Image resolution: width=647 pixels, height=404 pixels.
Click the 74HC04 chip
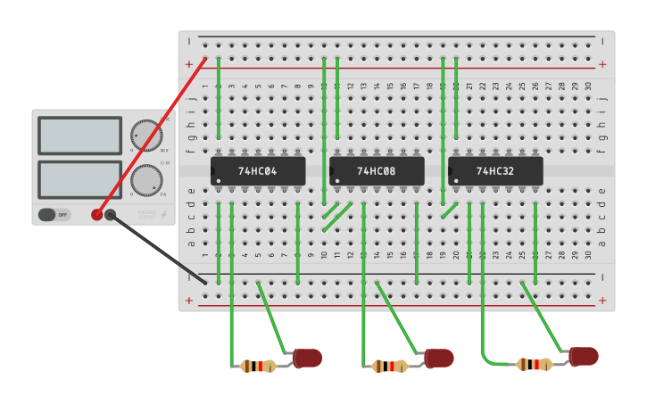258,170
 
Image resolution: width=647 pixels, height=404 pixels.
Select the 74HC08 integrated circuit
377,170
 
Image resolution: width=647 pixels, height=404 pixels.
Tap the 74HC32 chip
495,170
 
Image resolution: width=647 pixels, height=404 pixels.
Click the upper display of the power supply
79,136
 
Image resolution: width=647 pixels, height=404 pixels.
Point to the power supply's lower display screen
79,179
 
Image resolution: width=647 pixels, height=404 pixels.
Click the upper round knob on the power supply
146,136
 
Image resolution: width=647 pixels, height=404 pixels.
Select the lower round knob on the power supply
146,180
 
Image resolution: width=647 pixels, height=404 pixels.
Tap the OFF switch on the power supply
54,215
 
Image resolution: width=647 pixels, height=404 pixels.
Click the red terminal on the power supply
97,214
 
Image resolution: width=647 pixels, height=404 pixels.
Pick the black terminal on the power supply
111,214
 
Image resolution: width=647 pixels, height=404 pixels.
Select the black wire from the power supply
161,251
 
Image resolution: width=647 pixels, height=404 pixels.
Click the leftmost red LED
307,358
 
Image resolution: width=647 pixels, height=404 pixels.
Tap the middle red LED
439,358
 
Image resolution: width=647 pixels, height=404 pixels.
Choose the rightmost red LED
584,356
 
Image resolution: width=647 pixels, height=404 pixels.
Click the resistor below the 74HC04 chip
258,366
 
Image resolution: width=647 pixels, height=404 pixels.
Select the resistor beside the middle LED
389,366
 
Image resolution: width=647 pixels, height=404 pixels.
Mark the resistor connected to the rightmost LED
534,364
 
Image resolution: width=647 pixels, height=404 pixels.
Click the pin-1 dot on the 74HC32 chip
455,181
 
